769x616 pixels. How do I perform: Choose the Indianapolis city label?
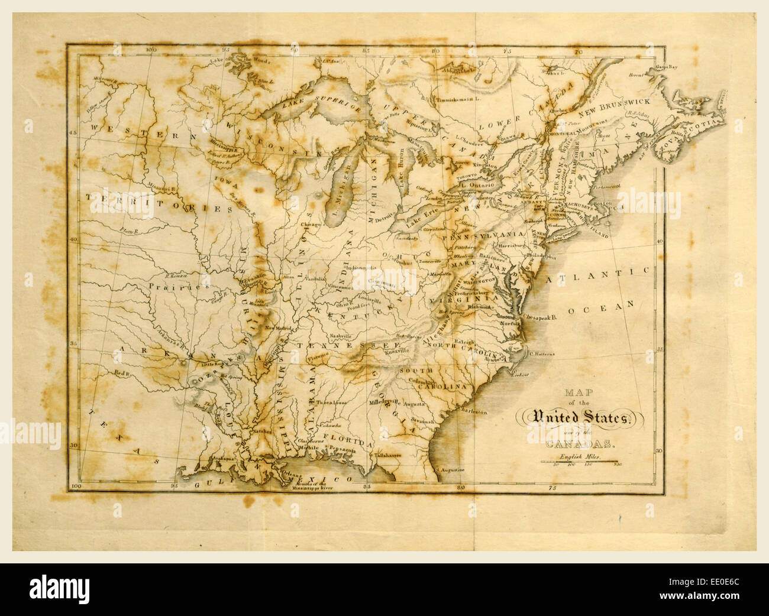click(x=365, y=268)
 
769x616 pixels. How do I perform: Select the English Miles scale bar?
click(x=579, y=461)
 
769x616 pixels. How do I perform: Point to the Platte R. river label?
click(x=128, y=231)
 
